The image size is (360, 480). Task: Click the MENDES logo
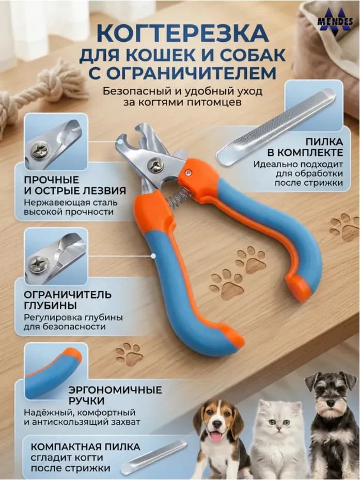[x=335, y=20]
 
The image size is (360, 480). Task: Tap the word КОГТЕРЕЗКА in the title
[x=183, y=34]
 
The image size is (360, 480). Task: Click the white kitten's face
[x=279, y=422]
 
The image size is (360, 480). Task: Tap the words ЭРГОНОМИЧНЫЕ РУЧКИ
[x=115, y=395]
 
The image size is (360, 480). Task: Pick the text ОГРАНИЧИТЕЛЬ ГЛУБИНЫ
[x=68, y=300]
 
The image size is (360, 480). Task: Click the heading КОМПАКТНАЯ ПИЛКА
[x=85, y=447]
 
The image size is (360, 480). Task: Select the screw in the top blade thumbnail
[x=40, y=150]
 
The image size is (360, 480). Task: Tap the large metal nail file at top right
[x=276, y=127]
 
